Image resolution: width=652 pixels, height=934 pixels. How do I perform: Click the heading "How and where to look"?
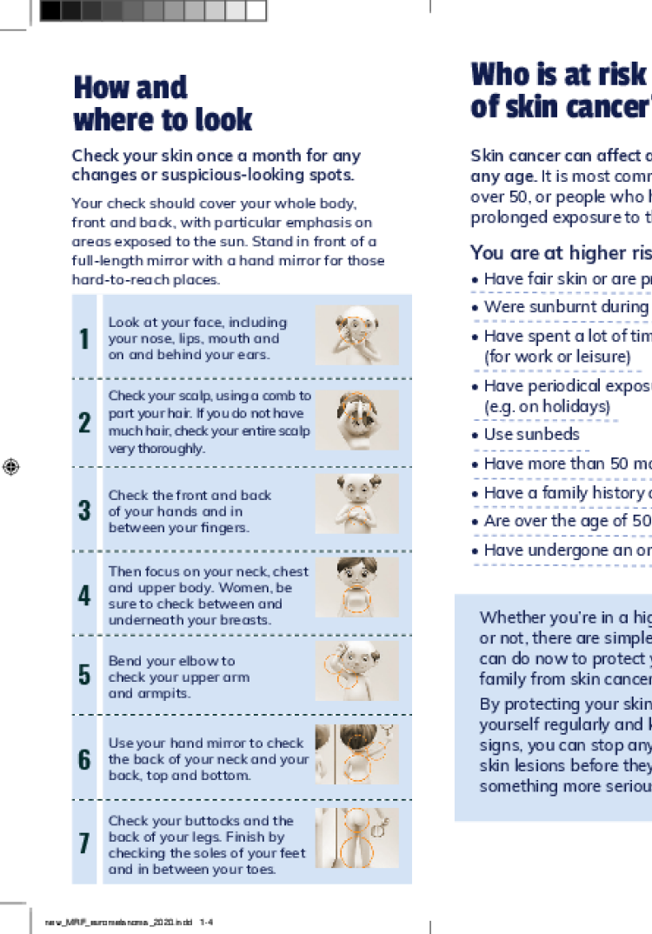163,103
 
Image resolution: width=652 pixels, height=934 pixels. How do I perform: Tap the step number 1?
84,339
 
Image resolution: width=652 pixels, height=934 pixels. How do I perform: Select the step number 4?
84,596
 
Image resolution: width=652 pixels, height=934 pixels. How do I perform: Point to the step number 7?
84,844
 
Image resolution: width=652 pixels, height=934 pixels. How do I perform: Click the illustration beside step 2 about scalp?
356,420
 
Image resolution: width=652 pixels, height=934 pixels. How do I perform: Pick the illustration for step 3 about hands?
356,504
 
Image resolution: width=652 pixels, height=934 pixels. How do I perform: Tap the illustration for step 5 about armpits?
356,670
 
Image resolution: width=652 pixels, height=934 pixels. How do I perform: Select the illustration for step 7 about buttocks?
356,837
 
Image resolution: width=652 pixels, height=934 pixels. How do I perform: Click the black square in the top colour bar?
50,10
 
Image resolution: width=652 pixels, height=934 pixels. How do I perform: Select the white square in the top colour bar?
256,10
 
